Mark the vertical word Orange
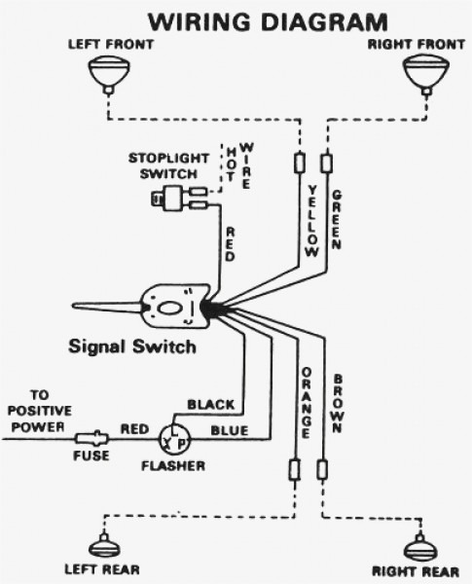(306, 399)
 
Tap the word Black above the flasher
(209, 403)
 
